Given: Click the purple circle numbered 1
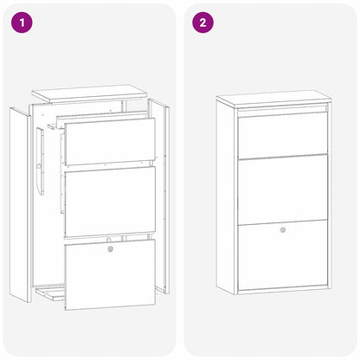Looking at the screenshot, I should pyautogui.click(x=21, y=22).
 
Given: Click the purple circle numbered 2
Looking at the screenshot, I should pyautogui.click(x=202, y=22).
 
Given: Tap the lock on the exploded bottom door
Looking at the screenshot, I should pyautogui.click(x=110, y=248).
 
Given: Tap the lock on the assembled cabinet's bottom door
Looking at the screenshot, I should pyautogui.click(x=283, y=230).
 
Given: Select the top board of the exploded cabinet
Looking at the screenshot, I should pyautogui.click(x=92, y=93).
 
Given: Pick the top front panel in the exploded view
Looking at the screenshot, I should pyautogui.click(x=110, y=142).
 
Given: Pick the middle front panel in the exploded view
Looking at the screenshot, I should pyautogui.click(x=110, y=202).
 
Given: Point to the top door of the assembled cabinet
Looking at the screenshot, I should pyautogui.click(x=283, y=134).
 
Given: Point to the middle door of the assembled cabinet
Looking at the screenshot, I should pyautogui.click(x=283, y=189).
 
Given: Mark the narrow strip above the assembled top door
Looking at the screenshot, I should pyautogui.click(x=283, y=110).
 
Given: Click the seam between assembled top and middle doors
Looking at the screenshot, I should pyautogui.click(x=283, y=157).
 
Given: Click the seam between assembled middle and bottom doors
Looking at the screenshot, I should pyautogui.click(x=283, y=222).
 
